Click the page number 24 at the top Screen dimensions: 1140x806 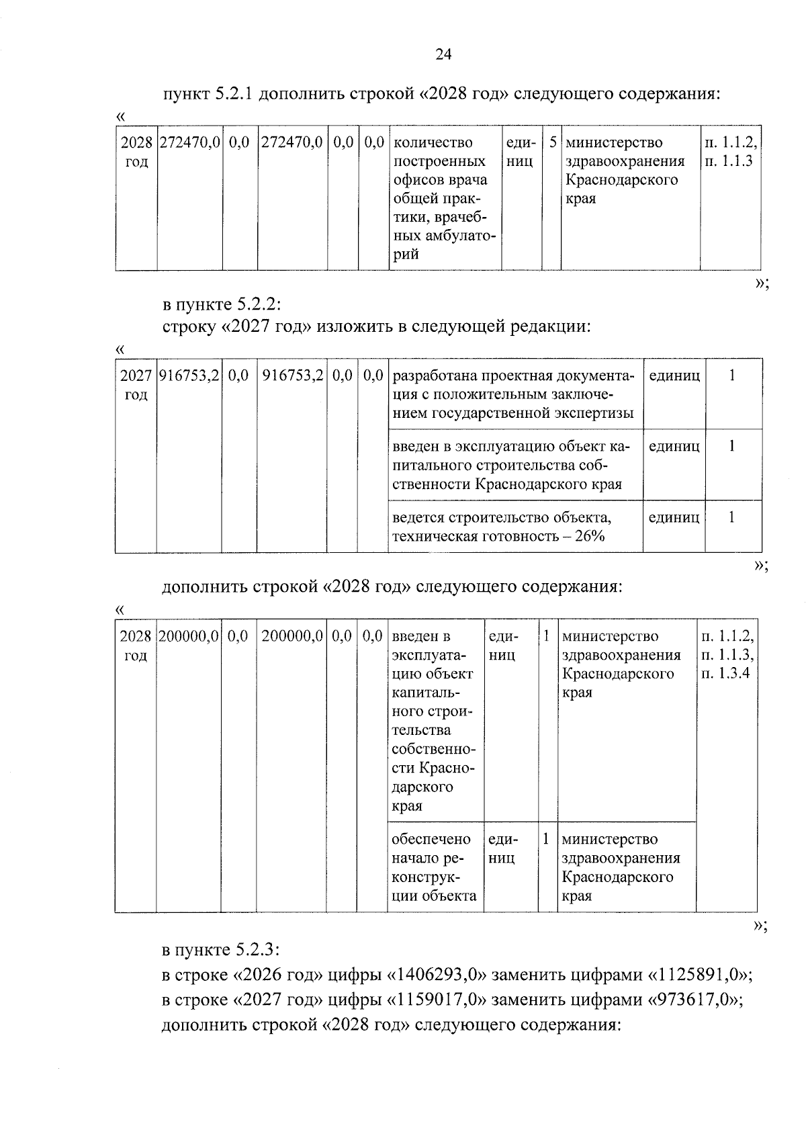(443, 55)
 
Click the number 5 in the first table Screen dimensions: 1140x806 (552, 143)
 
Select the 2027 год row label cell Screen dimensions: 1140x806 (136, 385)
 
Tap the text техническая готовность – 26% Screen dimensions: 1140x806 (498, 536)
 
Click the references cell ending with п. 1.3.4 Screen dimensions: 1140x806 (727, 655)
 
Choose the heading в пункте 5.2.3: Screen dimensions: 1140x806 (221, 950)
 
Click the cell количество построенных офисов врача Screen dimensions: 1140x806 (443, 198)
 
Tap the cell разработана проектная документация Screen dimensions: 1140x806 (513, 394)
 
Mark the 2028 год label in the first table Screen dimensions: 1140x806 (136, 152)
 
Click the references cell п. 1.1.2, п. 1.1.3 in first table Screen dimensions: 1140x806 (730, 152)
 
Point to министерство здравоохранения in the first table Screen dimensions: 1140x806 (625, 171)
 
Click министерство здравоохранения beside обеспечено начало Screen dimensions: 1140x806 (621, 867)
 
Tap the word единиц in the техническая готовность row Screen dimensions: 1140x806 (674, 517)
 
